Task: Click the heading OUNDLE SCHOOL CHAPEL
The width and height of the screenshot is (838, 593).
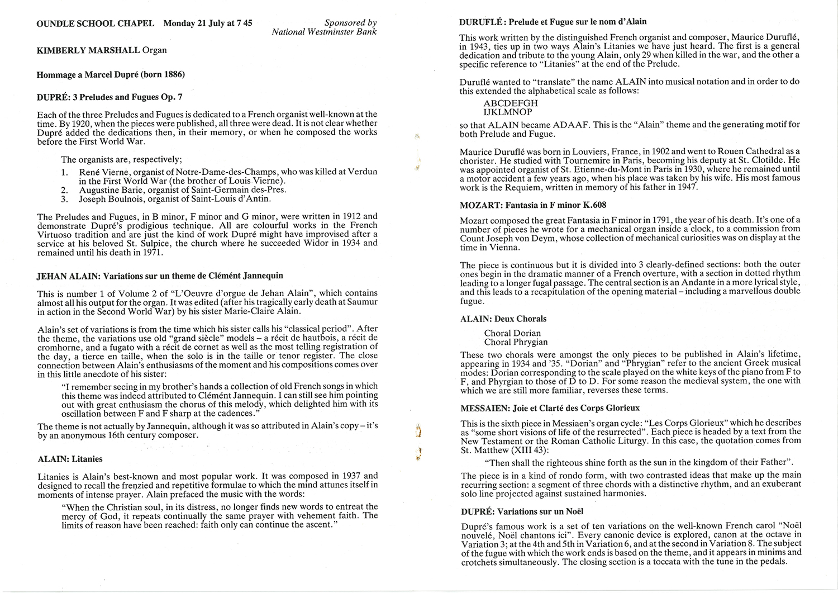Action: [x=95, y=23]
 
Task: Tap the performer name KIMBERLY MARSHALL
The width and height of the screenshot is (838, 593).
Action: [x=88, y=50]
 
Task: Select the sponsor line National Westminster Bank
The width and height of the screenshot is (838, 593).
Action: [x=324, y=32]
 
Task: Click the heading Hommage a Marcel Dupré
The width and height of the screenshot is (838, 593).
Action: [x=111, y=74]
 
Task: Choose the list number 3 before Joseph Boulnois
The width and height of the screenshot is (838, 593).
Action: [x=64, y=199]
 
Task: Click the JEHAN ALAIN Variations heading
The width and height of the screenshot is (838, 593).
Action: [x=160, y=276]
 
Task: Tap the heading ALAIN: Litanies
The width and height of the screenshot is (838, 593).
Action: [x=70, y=459]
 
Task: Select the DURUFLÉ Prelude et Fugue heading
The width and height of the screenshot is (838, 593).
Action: [x=553, y=22]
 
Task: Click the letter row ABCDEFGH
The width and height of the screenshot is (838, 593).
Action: [x=511, y=103]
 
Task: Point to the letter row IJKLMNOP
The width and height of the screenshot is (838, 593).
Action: [x=508, y=112]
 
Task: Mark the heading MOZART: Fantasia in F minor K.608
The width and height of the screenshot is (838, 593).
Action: [x=532, y=205]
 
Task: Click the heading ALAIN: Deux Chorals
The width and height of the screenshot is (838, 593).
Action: [x=503, y=319]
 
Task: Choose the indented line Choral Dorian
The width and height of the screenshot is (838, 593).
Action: [x=512, y=333]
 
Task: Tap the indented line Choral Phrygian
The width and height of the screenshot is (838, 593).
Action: [x=516, y=342]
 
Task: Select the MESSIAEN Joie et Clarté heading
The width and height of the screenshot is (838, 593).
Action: [x=550, y=408]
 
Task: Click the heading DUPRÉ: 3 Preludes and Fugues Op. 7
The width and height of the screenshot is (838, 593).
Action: [x=109, y=97]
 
